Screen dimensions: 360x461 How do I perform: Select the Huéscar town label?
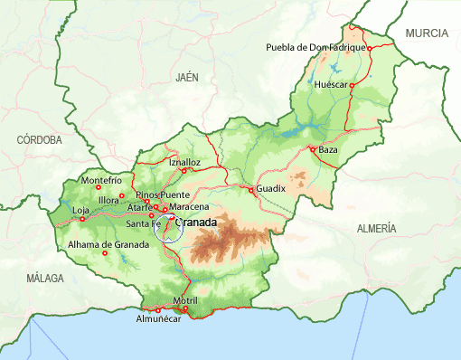(x=331, y=84)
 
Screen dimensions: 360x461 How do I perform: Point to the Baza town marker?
(x=312, y=149)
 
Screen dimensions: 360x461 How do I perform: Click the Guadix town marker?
(x=251, y=188)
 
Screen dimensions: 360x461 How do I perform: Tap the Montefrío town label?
(x=101, y=180)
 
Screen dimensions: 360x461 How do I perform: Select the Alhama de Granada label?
(x=108, y=244)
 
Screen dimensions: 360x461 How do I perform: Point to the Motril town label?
(x=184, y=299)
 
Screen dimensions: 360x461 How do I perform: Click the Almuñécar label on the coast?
(x=159, y=319)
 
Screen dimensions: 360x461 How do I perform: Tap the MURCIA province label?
(x=427, y=33)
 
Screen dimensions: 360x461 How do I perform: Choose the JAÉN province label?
(x=187, y=78)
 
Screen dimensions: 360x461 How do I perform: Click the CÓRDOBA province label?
(x=39, y=140)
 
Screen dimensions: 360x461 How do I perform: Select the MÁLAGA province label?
(x=45, y=277)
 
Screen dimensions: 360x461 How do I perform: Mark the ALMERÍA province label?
(x=376, y=229)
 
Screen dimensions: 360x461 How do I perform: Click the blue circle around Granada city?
(x=169, y=230)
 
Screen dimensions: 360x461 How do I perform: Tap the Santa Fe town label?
(x=144, y=223)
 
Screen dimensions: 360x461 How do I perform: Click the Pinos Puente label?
(x=162, y=194)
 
